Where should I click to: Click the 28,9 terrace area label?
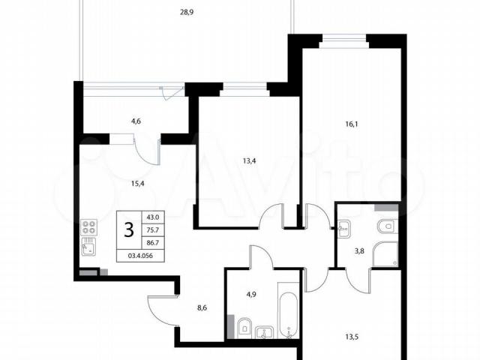coord(187,13)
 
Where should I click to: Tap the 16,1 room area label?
coord(352,124)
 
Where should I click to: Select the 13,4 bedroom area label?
coord(249,160)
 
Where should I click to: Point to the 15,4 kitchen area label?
coord(138,184)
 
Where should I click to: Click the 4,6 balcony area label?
coord(136,121)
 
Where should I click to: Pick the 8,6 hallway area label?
coord(202,307)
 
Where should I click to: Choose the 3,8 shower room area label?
coord(359,252)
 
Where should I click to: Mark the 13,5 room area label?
coord(352,337)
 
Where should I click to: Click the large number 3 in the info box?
coord(129,229)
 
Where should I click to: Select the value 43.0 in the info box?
coord(153,217)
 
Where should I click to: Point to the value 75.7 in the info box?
coord(153,230)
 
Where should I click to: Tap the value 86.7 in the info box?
coord(153,243)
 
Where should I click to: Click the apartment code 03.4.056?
coord(140,256)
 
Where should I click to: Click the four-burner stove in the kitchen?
coord(89,227)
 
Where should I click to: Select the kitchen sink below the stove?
coord(89,247)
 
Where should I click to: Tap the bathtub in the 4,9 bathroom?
coord(288,310)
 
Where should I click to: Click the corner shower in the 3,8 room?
coord(385,254)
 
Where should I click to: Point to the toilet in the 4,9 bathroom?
coord(244,328)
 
